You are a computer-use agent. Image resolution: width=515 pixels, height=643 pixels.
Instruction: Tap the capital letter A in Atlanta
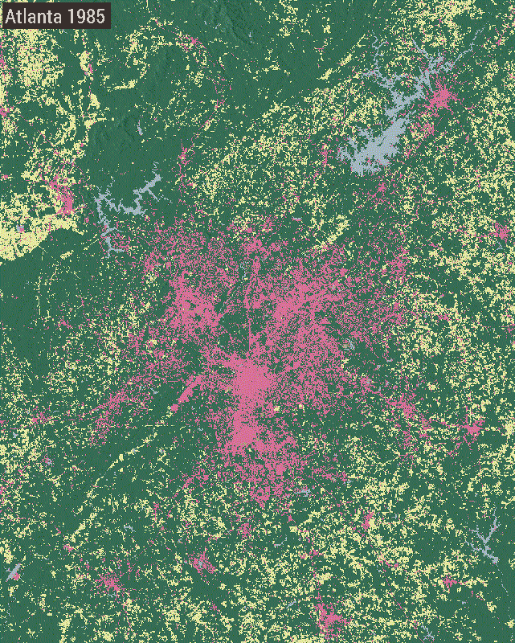tap(11, 14)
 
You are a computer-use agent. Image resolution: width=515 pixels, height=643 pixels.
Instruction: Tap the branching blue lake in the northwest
tap(129, 201)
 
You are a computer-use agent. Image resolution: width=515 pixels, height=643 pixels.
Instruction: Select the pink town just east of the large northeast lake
tap(439, 100)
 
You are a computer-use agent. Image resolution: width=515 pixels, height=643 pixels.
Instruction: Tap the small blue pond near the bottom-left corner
tap(14, 573)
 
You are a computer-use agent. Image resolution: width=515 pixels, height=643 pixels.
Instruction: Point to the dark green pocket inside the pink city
tap(238, 326)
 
